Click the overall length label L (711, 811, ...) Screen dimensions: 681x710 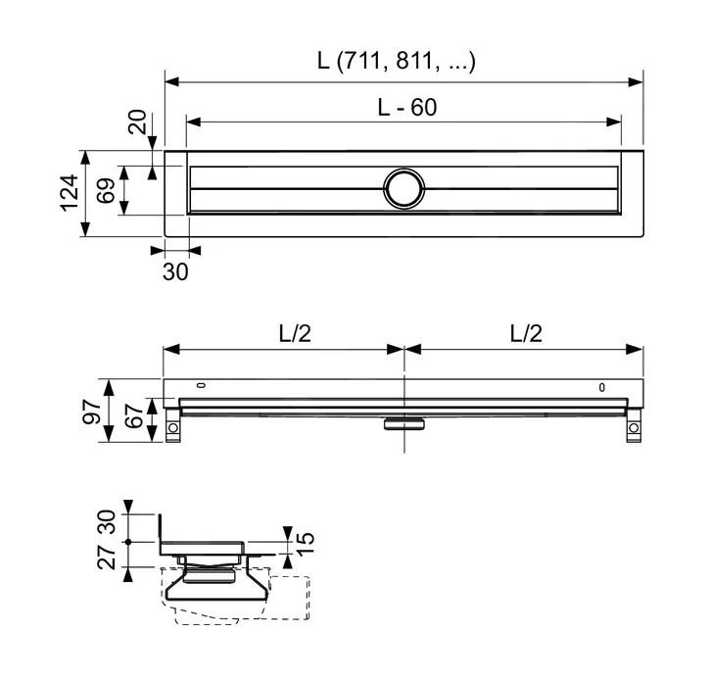(396, 61)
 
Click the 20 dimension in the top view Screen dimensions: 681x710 (137, 123)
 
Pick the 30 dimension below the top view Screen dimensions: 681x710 (175, 271)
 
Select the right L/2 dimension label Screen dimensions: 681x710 (525, 333)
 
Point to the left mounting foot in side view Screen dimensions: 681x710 (173, 428)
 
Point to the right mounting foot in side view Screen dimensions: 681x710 (634, 428)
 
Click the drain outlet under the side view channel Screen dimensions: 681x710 (402, 423)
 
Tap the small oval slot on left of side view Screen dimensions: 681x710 (202, 385)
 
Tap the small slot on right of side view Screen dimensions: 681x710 (602, 388)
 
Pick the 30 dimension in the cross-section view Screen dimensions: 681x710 (110, 523)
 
